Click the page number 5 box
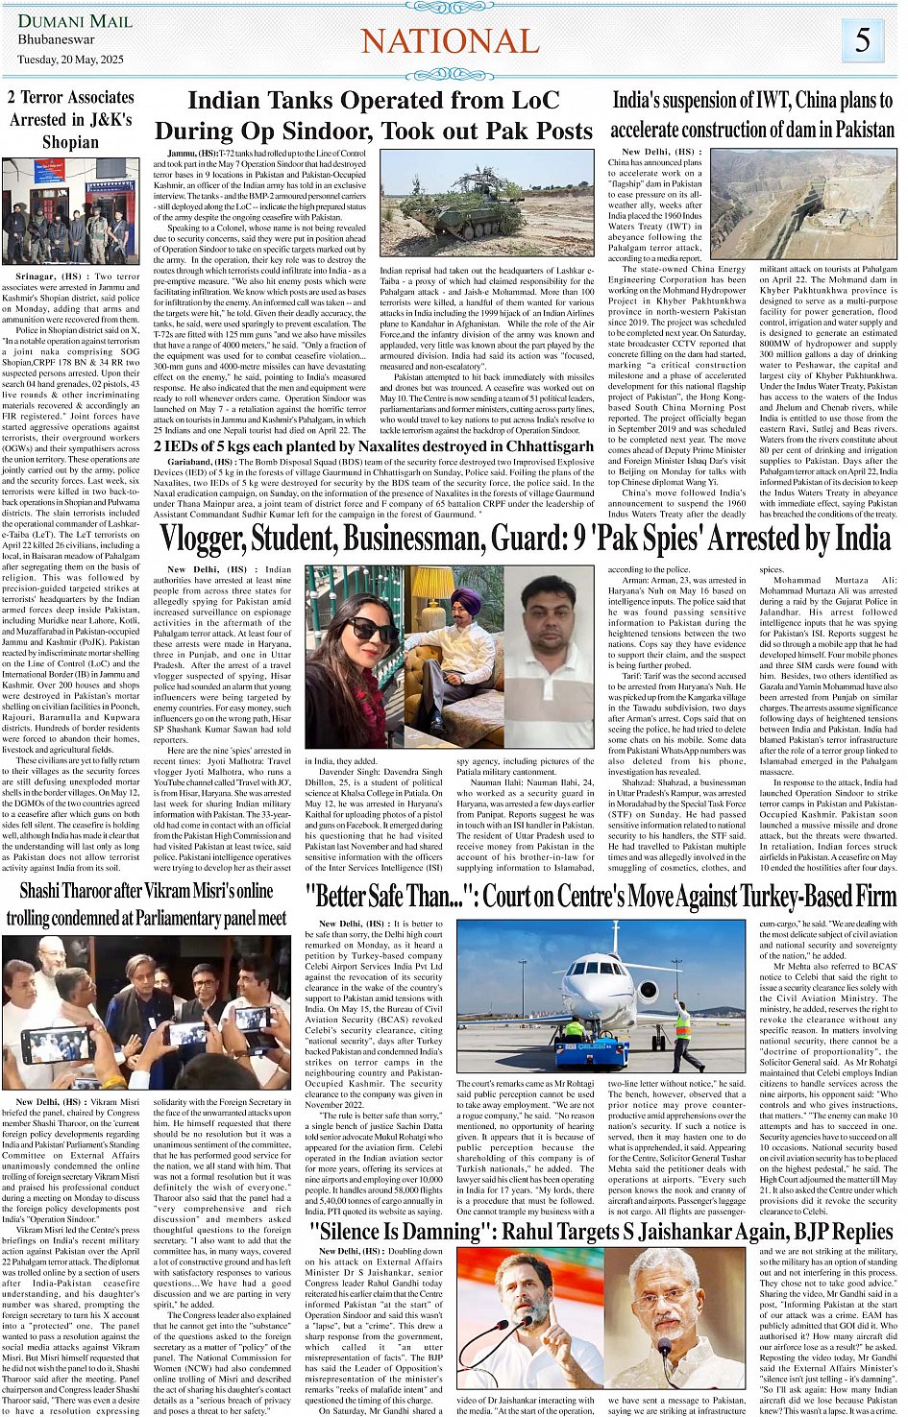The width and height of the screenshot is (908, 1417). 862,40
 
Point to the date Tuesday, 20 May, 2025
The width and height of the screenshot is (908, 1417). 70,60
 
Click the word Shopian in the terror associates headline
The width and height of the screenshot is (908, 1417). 70,142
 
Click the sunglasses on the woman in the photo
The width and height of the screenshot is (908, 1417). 371,630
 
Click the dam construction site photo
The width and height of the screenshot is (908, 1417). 802,202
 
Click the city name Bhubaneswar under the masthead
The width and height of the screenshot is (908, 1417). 57,40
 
